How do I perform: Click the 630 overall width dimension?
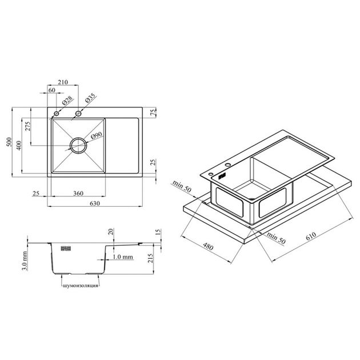pos(95,203)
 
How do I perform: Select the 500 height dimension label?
pos(9,142)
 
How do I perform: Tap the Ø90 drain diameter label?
pos(97,135)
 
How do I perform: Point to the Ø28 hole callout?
pos(67,101)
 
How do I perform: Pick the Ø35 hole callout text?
pos(90,98)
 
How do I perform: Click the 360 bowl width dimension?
pos(78,193)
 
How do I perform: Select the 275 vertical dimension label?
pos(27,126)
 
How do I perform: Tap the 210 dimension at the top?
pos(63,82)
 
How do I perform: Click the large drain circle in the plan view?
pos(78,146)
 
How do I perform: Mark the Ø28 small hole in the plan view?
pos(56,113)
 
